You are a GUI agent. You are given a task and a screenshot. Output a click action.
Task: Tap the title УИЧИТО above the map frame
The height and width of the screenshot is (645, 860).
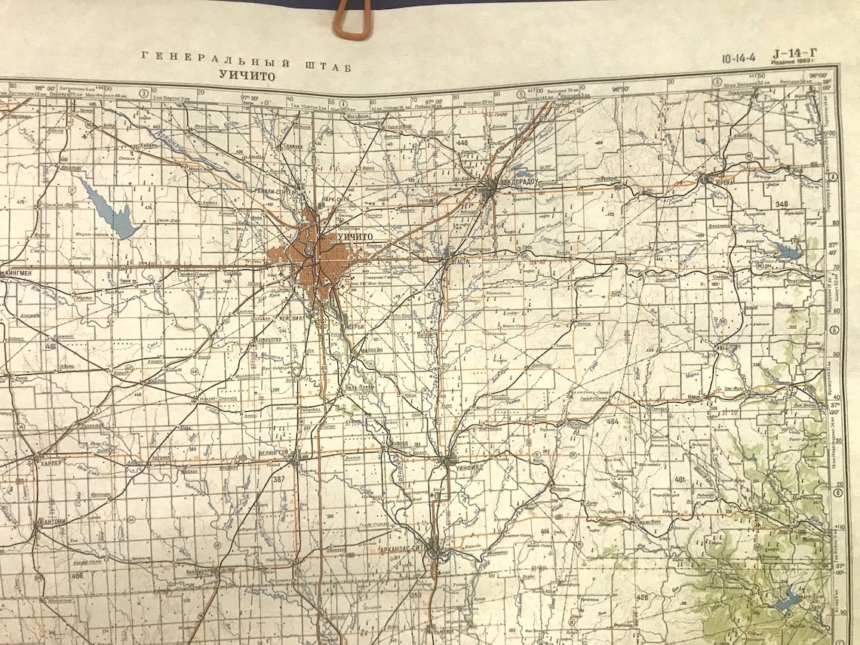coord(247,75)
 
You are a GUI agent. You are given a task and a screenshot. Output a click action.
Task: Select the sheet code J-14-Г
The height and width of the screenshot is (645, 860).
coord(794,53)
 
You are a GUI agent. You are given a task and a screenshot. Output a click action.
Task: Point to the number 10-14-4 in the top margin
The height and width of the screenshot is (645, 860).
coord(740,56)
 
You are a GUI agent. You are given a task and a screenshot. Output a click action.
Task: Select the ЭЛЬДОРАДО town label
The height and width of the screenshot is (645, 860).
coord(520,182)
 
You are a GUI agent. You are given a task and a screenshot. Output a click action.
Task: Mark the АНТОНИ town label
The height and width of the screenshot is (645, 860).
coord(51,521)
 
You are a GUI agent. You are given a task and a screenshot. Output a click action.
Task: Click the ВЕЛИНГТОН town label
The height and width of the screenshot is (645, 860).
coord(275,451)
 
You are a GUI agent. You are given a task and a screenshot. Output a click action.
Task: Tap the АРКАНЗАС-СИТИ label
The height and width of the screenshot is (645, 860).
coord(407,549)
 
